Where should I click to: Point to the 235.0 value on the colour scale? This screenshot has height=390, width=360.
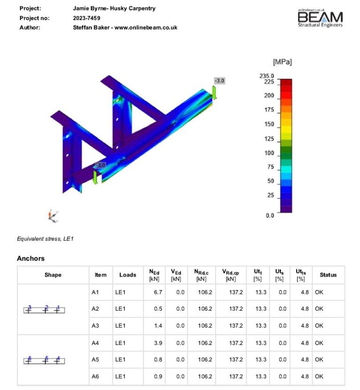tap(267, 75)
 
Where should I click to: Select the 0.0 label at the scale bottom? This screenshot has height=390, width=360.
tap(270, 216)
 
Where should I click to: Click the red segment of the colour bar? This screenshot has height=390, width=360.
tap(286, 87)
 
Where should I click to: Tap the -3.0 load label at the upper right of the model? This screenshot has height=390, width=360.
tap(219, 81)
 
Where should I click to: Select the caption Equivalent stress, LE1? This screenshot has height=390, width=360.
tap(45, 239)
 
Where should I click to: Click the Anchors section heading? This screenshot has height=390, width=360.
tap(30, 258)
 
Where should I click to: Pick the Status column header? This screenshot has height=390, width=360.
tap(328, 275)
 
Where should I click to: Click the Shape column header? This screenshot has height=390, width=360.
tap(53, 275)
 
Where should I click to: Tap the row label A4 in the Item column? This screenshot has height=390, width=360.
tap(96, 343)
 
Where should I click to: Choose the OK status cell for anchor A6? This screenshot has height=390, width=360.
tap(319, 376)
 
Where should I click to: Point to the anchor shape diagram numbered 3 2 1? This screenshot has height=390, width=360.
tap(44, 309)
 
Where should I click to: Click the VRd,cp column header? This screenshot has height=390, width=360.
tap(231, 275)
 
